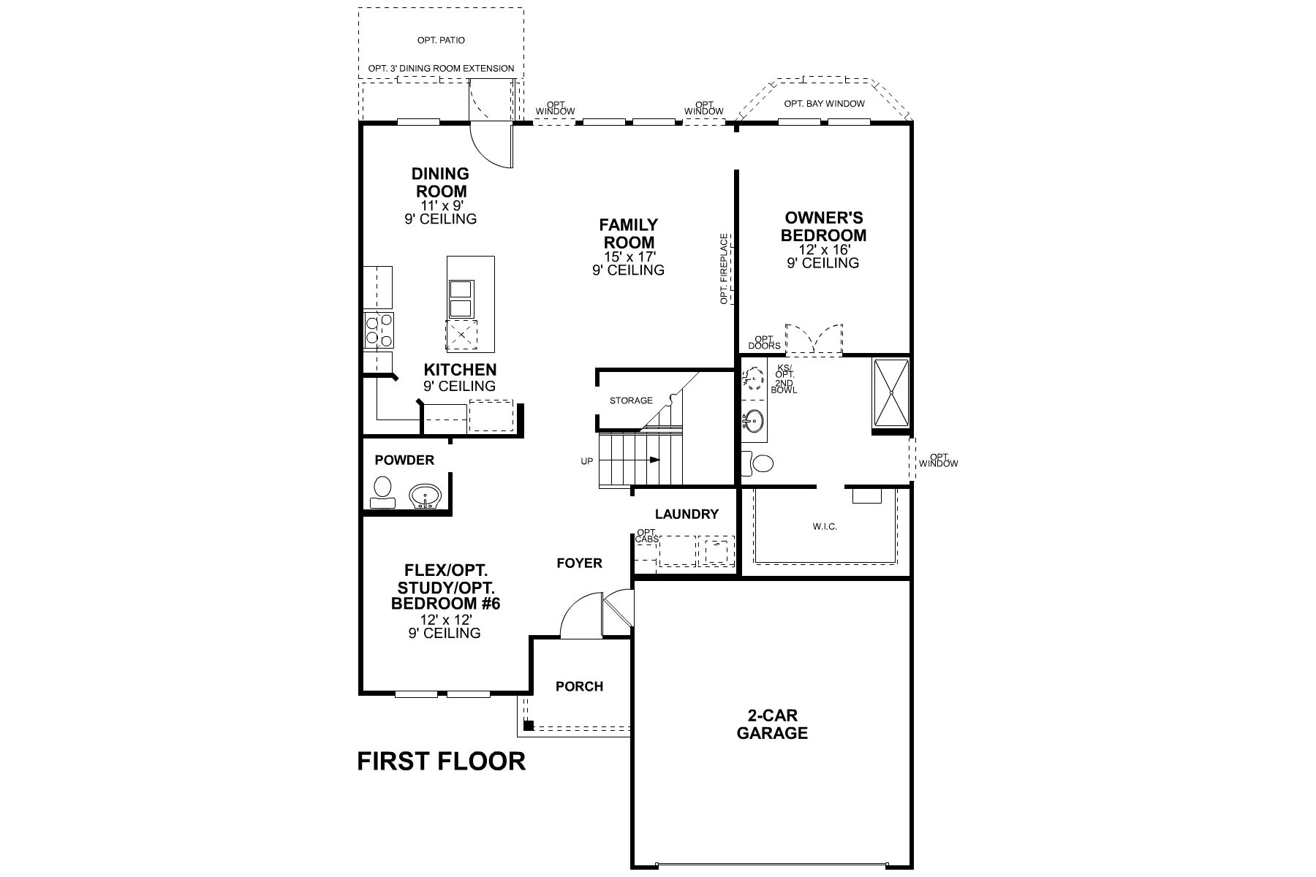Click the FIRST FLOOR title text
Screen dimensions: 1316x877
[441, 762]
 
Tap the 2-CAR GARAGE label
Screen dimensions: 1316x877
[772, 724]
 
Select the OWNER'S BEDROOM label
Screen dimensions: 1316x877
[823, 227]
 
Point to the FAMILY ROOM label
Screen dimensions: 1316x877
[628, 233]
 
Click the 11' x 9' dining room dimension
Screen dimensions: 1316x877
[440, 206]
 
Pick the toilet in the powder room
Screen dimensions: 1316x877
[382, 491]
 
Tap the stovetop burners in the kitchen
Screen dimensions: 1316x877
[379, 330]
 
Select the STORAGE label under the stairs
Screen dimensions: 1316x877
[631, 400]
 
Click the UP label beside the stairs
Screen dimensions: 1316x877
[586, 461]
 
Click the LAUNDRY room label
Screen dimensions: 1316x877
[687, 515]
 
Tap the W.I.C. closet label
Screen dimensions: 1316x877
[825, 526]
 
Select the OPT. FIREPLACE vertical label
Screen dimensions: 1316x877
[724, 269]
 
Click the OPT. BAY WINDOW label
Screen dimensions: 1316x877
[824, 104]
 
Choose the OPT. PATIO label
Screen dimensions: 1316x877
[441, 40]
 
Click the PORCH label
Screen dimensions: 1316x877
[579, 687]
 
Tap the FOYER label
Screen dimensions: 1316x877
[579, 563]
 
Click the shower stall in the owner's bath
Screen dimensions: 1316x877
[891, 392]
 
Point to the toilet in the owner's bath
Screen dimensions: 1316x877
[757, 463]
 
